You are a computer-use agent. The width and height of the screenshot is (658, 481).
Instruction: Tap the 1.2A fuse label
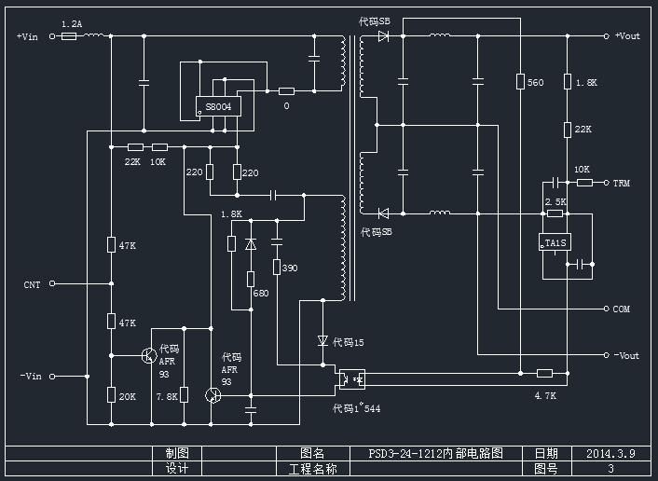pos(70,23)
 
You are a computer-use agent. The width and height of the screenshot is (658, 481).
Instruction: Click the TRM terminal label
pos(622,183)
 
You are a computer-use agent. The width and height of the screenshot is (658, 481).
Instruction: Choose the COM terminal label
pos(622,309)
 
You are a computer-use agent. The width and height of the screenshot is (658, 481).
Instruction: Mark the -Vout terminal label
pos(626,355)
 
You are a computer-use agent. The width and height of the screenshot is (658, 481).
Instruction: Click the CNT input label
pos(32,283)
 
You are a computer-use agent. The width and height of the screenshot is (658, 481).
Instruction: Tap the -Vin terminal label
pos(31,377)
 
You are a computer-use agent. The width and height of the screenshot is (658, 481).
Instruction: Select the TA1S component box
pos(555,244)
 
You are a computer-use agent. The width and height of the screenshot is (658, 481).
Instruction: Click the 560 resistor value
pos(535,83)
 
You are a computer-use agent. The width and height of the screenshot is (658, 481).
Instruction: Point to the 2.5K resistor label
pos(555,201)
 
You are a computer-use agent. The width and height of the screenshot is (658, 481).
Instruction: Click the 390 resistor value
pos(290,268)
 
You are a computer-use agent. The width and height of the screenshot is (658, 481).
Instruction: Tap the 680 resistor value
pos(260,294)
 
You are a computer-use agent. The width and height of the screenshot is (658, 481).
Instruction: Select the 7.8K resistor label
pos(167,396)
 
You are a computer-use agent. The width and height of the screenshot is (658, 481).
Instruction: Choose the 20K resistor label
pos(127,396)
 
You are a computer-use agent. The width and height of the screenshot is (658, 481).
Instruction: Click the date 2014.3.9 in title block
pos(610,454)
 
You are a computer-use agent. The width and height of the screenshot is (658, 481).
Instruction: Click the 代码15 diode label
pos(348,343)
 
